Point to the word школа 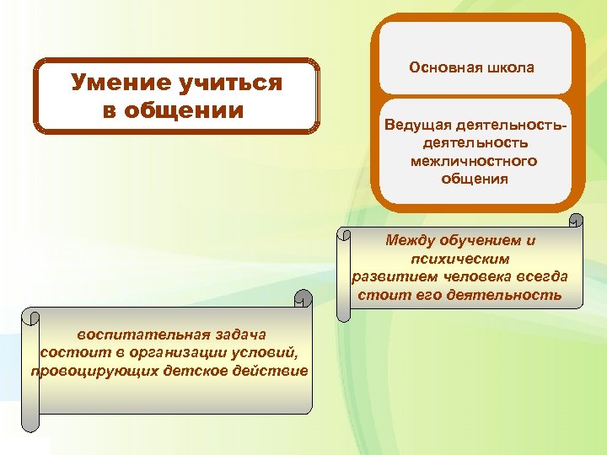509,67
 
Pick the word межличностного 473,160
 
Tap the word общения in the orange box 473,178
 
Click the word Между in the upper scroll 411,240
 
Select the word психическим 460,259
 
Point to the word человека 476,276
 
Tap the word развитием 391,276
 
